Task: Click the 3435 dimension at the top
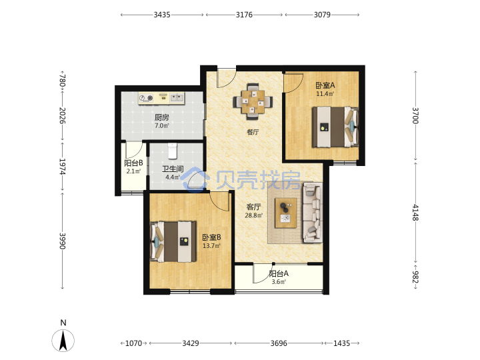(162, 15)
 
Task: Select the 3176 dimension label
(244, 15)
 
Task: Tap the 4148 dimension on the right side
(415, 213)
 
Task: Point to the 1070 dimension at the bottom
(134, 343)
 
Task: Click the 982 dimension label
(415, 277)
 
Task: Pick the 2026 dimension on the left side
(63, 115)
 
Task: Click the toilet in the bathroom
(173, 151)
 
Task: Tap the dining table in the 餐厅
(253, 101)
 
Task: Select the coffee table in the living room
(285, 213)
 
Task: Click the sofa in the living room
(312, 213)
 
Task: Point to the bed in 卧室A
(335, 127)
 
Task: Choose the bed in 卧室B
(173, 241)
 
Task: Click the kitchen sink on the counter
(177, 97)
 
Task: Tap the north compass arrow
(63, 341)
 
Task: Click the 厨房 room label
(161, 117)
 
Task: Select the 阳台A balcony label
(279, 273)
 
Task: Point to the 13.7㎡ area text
(211, 245)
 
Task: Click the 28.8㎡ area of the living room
(253, 215)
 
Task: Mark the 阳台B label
(133, 163)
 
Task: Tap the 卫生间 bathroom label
(173, 169)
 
